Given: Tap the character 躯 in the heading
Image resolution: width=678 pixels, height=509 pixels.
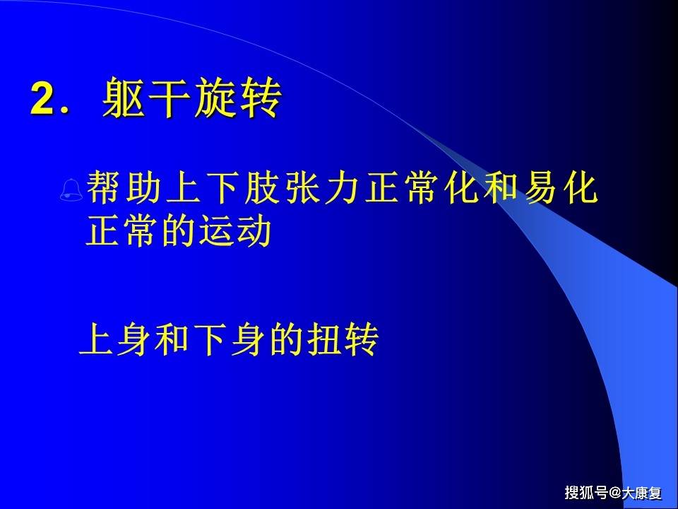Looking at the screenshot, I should point(124,98).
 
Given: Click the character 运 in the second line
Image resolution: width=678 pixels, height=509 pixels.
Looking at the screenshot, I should point(216,233).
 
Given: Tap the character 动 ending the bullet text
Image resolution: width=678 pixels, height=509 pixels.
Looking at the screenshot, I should point(255,233).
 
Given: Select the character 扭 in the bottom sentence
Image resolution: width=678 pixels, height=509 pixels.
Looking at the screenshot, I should point(326,341).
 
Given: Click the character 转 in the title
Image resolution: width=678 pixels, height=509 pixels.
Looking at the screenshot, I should point(259,98).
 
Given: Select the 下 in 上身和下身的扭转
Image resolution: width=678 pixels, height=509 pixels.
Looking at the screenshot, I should point(211,341).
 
